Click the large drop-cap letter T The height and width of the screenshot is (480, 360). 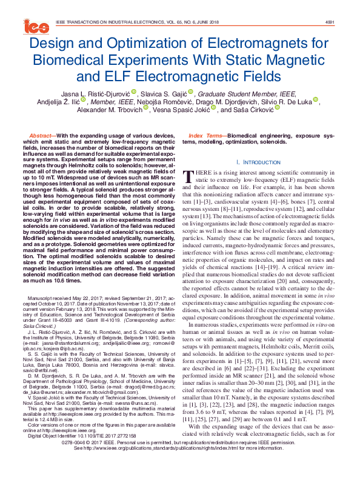pyautogui.click(x=188, y=176)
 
